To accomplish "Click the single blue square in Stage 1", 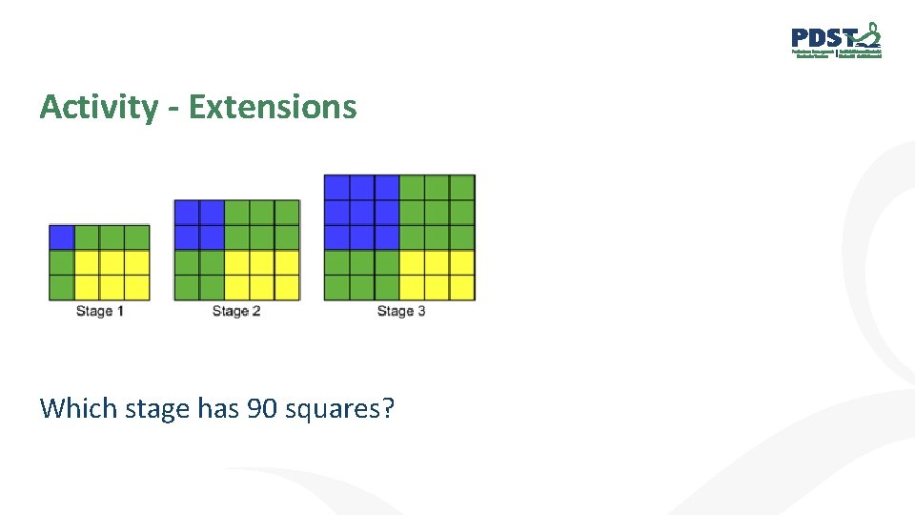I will pos(62,237).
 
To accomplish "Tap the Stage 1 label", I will pos(100,311).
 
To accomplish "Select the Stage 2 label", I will pos(236,311).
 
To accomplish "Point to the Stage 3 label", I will pos(401,311).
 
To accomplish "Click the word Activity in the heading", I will pos(98,107).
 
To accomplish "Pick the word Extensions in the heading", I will pos(273,107).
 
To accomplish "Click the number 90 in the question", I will pos(263,408).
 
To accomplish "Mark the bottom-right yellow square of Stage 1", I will pos(137,286).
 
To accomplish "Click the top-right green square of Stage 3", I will pos(462,187).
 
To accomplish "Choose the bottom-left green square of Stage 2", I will pos(187,286).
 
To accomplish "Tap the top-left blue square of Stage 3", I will pos(336,187).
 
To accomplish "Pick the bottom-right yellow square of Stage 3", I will pos(462,286).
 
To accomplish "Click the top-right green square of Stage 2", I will pos(287,212).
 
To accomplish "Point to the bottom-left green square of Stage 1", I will pos(62,286).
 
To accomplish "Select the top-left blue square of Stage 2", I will pos(187,212).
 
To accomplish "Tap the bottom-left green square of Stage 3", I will pos(336,286).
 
